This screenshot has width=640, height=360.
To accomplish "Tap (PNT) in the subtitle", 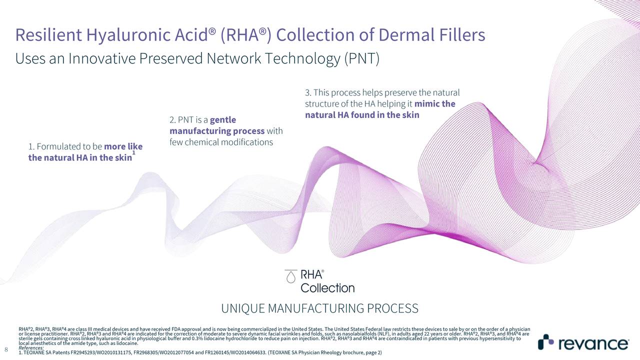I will (x=361, y=59).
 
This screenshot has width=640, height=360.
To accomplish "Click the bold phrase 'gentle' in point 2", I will (x=223, y=120).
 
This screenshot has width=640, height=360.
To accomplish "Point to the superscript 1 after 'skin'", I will (x=133, y=159).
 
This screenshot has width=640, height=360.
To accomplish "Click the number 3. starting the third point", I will (x=308, y=93).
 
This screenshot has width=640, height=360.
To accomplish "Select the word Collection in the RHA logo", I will (x=327, y=288).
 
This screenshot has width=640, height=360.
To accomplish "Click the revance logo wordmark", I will (x=593, y=344).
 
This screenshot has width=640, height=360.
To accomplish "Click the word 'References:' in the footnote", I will (x=31, y=348).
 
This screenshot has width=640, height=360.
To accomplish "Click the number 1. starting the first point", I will (x=31, y=147).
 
